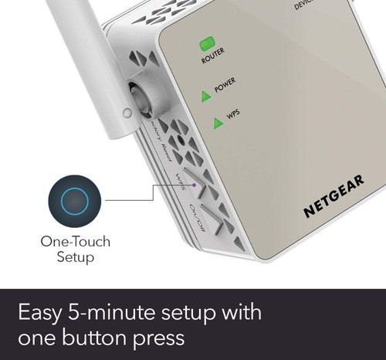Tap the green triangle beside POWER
[205, 96]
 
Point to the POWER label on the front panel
[225, 86]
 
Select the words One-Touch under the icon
[75, 243]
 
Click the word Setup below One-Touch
[75, 257]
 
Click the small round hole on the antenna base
[127, 113]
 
